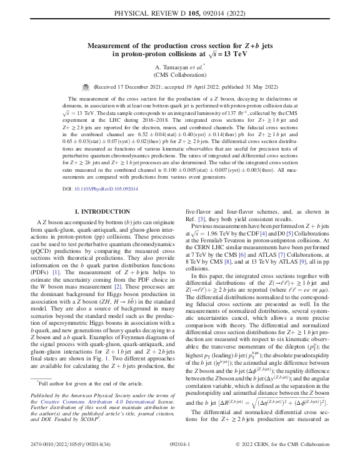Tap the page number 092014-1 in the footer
(179, 457)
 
